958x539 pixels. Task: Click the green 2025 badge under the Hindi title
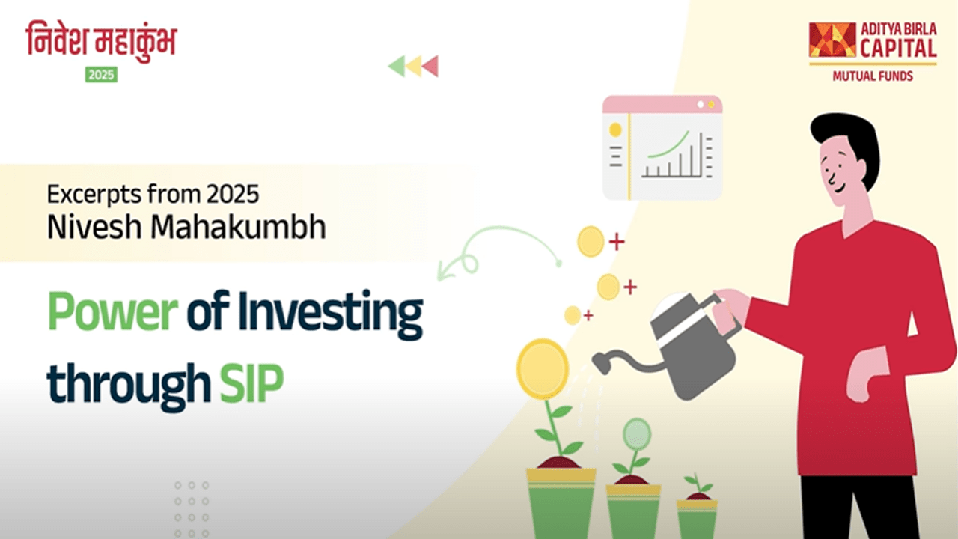[101, 75]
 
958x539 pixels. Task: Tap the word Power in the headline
[112, 311]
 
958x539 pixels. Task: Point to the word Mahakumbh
[238, 226]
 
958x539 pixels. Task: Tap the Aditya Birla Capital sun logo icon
[832, 40]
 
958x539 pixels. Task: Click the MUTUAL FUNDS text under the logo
[873, 76]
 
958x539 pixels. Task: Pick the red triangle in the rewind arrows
[431, 66]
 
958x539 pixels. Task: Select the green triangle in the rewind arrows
[397, 66]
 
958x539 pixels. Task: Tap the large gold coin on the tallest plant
[543, 369]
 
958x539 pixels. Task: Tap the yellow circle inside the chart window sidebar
[615, 130]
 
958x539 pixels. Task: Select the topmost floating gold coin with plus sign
[591, 242]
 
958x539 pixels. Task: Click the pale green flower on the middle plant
[637, 434]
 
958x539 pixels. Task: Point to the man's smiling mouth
[839, 189]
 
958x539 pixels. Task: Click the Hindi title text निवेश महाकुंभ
[101, 40]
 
